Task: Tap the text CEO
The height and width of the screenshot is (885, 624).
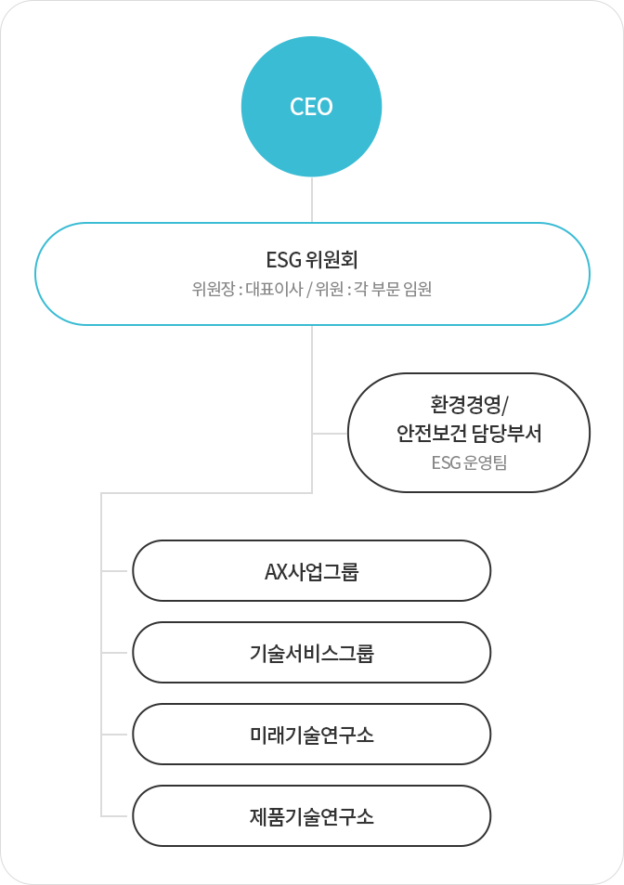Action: (x=311, y=107)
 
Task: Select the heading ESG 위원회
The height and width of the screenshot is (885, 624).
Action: (x=312, y=259)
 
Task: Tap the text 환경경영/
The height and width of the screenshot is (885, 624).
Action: (x=469, y=405)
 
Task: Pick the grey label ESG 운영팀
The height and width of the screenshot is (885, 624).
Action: (x=469, y=462)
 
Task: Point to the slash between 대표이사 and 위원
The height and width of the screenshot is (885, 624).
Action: (x=309, y=289)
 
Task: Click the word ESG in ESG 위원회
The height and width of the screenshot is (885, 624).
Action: (x=283, y=259)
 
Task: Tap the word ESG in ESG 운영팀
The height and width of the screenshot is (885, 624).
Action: (x=447, y=462)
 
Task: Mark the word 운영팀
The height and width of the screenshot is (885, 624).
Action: (x=485, y=462)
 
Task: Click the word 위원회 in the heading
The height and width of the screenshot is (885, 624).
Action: (x=331, y=259)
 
